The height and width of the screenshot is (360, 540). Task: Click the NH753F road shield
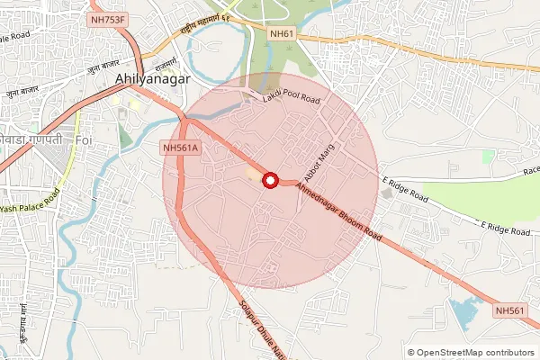click(x=108, y=18)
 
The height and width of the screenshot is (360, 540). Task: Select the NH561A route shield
click(x=181, y=148)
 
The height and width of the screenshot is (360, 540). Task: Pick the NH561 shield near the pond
click(x=509, y=310)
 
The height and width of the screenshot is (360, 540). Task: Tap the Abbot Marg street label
click(x=320, y=155)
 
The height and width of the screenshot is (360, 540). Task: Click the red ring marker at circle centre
click(x=269, y=181)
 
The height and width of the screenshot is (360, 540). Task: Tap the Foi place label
click(x=85, y=142)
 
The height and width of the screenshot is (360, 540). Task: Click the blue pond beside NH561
click(x=464, y=313)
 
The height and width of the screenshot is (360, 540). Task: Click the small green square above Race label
click(x=488, y=157)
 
